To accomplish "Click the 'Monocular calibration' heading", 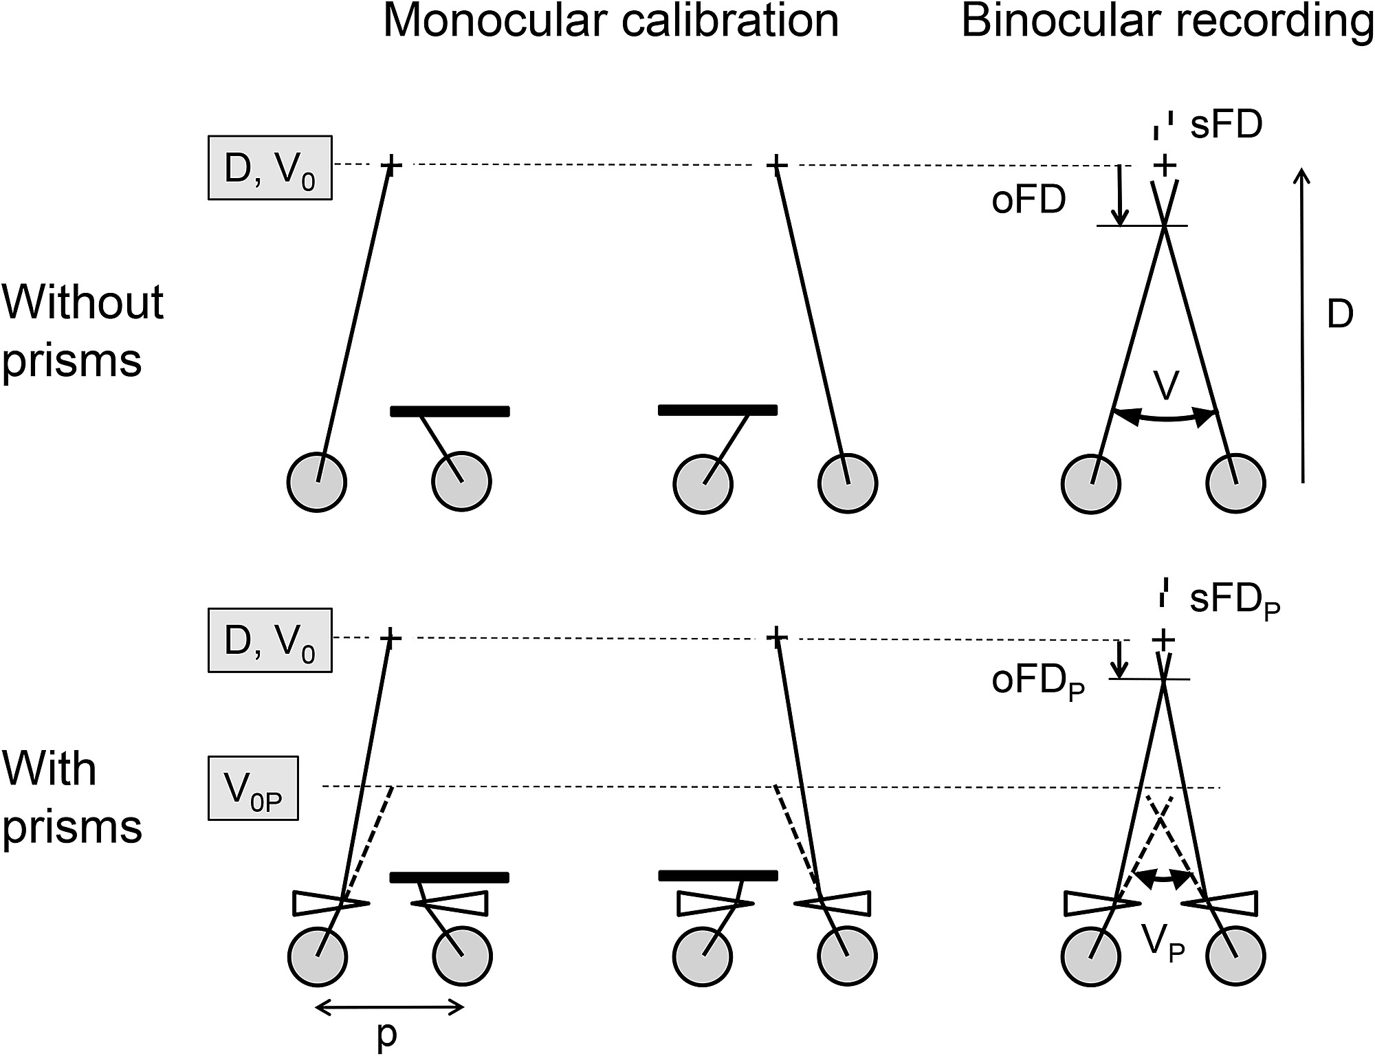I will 610,21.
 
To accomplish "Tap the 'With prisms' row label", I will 72,797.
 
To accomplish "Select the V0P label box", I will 253,789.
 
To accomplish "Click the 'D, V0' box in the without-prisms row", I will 269,168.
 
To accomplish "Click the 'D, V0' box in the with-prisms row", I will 269,640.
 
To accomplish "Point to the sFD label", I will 1226,125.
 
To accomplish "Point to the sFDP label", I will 1235,600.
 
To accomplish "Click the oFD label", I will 1028,200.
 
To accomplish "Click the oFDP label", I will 1037,681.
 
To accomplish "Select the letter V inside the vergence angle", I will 1166,385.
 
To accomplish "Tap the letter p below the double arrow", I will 387,1035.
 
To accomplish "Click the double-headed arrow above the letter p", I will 389,1009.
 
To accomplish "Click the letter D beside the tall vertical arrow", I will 1339,314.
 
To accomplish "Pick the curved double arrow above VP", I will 1163,877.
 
